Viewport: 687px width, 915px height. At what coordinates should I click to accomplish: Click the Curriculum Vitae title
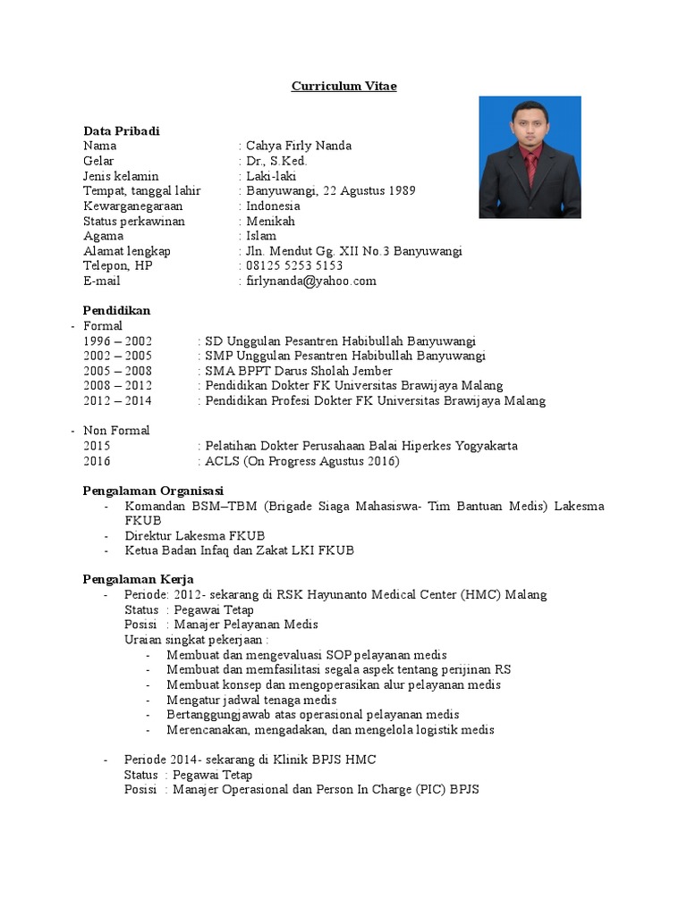[x=343, y=87]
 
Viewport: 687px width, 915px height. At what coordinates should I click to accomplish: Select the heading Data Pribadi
[x=122, y=131]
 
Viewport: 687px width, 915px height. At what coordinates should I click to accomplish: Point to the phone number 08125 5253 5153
[x=294, y=266]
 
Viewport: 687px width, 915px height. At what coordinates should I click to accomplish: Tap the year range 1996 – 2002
[x=117, y=341]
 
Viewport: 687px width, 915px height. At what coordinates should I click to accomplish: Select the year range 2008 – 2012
[x=117, y=386]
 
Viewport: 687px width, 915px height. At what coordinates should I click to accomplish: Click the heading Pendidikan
[x=117, y=311]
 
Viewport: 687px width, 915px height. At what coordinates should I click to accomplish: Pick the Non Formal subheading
[x=116, y=431]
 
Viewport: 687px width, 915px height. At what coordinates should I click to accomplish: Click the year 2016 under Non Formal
[x=98, y=461]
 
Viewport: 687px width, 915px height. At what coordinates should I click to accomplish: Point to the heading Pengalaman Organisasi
[x=153, y=491]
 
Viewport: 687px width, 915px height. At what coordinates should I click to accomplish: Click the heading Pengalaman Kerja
[x=139, y=580]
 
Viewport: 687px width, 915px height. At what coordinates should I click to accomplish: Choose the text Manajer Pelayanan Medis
[x=246, y=625]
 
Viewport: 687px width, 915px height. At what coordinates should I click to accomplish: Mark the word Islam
[x=261, y=236]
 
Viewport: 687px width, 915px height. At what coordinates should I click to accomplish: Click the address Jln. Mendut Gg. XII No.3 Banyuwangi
[x=354, y=251]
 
